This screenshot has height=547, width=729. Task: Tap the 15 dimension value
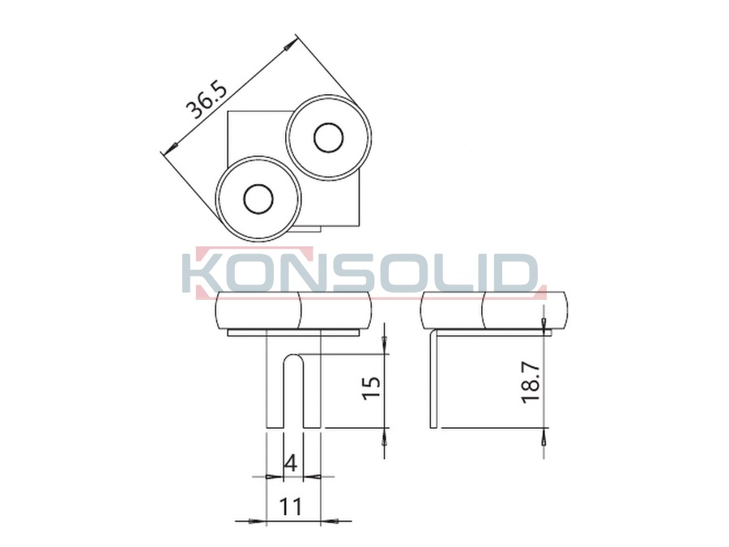371,387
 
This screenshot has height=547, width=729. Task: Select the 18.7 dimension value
531,382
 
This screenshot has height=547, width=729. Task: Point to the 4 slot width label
291,463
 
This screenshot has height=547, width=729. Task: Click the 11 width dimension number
290,506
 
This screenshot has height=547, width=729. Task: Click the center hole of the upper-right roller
329,138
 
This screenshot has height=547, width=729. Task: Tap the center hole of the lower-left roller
258,199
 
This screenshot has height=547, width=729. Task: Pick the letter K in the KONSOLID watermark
200,273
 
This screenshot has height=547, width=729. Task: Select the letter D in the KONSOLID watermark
518,273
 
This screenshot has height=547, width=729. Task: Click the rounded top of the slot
293,357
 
